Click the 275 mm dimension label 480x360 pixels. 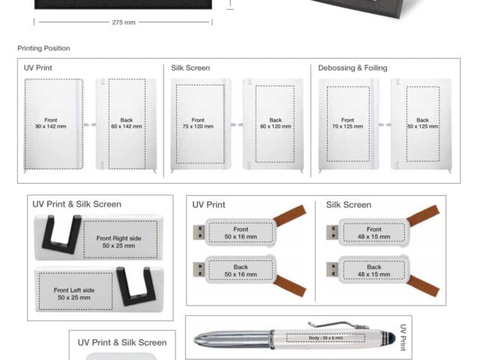click(124, 22)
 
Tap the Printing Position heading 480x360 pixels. click(43, 48)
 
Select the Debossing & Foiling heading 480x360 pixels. click(352, 68)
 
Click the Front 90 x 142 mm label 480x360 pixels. click(51, 123)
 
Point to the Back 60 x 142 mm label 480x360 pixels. click(127, 123)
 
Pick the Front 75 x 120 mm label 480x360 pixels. click(198, 123)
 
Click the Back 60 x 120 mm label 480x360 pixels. click(275, 123)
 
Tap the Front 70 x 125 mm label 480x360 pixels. click(348, 123)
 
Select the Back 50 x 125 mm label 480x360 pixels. click(423, 123)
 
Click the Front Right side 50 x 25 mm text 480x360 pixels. click(118, 241)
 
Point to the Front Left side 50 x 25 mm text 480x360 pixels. click(74, 294)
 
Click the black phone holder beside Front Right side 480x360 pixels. click(62, 235)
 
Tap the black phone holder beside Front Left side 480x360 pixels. click(136, 286)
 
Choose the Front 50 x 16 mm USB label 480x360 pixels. click(241, 233)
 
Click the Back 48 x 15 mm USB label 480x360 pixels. click(374, 271)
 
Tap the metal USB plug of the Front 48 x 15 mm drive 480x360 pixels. click(331, 232)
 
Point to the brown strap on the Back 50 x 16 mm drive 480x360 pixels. click(290, 286)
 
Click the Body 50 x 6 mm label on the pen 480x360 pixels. click(325, 338)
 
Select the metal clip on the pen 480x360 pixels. click(338, 325)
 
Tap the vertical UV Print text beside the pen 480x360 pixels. click(403, 337)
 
